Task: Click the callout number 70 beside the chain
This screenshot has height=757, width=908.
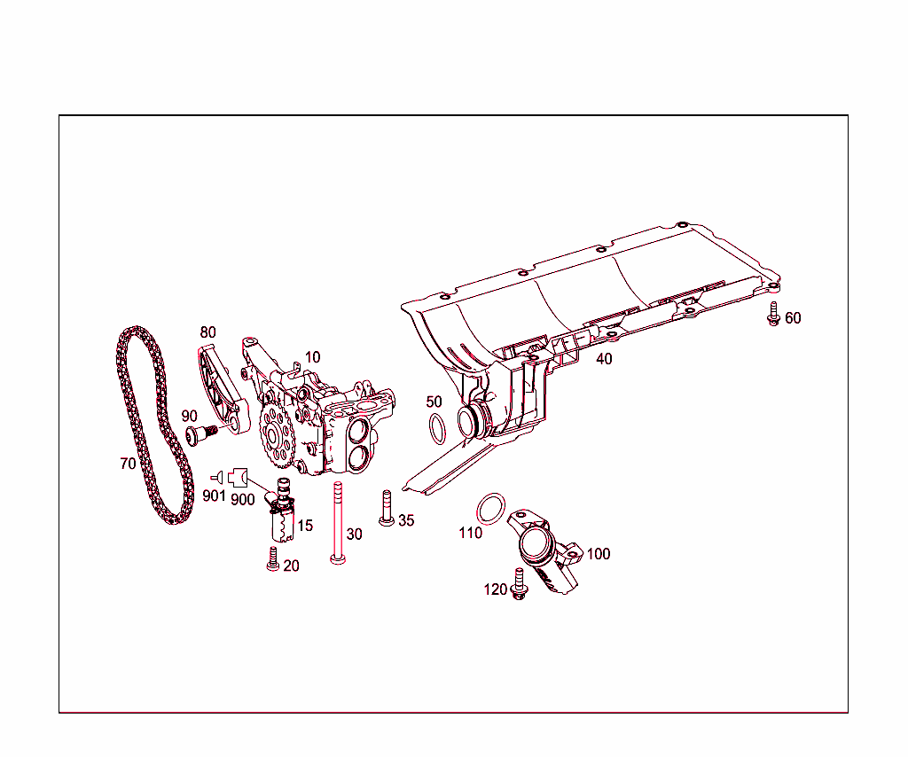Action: [x=129, y=463]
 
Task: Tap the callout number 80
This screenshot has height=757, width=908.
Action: [x=207, y=332]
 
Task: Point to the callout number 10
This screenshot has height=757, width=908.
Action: [x=312, y=357]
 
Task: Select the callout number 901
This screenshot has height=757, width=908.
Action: [x=214, y=496]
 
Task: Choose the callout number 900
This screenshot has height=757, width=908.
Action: [x=243, y=499]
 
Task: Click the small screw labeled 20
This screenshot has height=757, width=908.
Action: [x=272, y=559]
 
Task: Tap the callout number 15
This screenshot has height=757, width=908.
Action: [x=305, y=526]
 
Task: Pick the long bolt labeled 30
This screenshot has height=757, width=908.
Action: [x=337, y=523]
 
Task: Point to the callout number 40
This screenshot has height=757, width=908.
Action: [x=604, y=359]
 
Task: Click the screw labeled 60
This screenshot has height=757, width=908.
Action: [x=772, y=313]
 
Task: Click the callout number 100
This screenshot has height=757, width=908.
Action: [x=599, y=554]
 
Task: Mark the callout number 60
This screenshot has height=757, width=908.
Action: [x=793, y=317]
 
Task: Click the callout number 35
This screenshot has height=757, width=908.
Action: [x=406, y=520]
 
